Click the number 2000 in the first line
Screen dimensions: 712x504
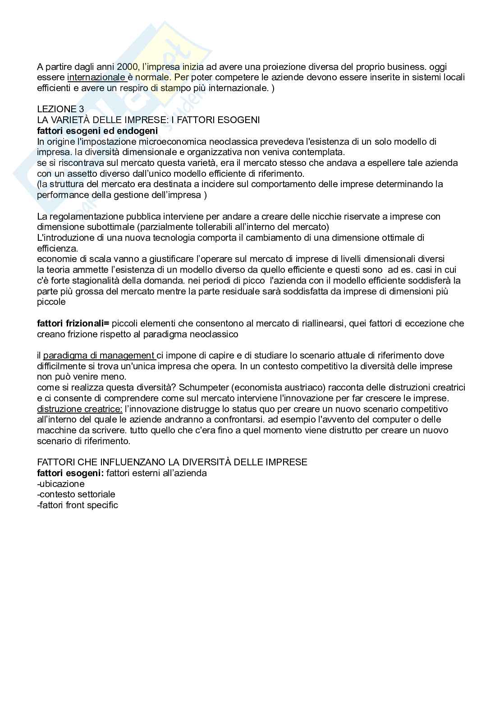[126, 67]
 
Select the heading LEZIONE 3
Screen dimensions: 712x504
[60, 109]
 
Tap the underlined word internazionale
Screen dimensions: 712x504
[96, 77]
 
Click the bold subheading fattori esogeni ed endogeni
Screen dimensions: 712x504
[97, 131]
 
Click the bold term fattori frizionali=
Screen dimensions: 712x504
[73, 323]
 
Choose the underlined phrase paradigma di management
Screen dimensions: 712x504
[99, 356]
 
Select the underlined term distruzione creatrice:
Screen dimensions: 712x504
[80, 409]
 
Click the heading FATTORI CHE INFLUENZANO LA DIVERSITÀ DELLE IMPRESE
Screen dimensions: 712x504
[172, 462]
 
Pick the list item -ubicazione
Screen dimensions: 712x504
[61, 484]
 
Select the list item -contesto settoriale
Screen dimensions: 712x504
[76, 494]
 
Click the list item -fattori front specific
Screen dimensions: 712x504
[78, 505]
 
